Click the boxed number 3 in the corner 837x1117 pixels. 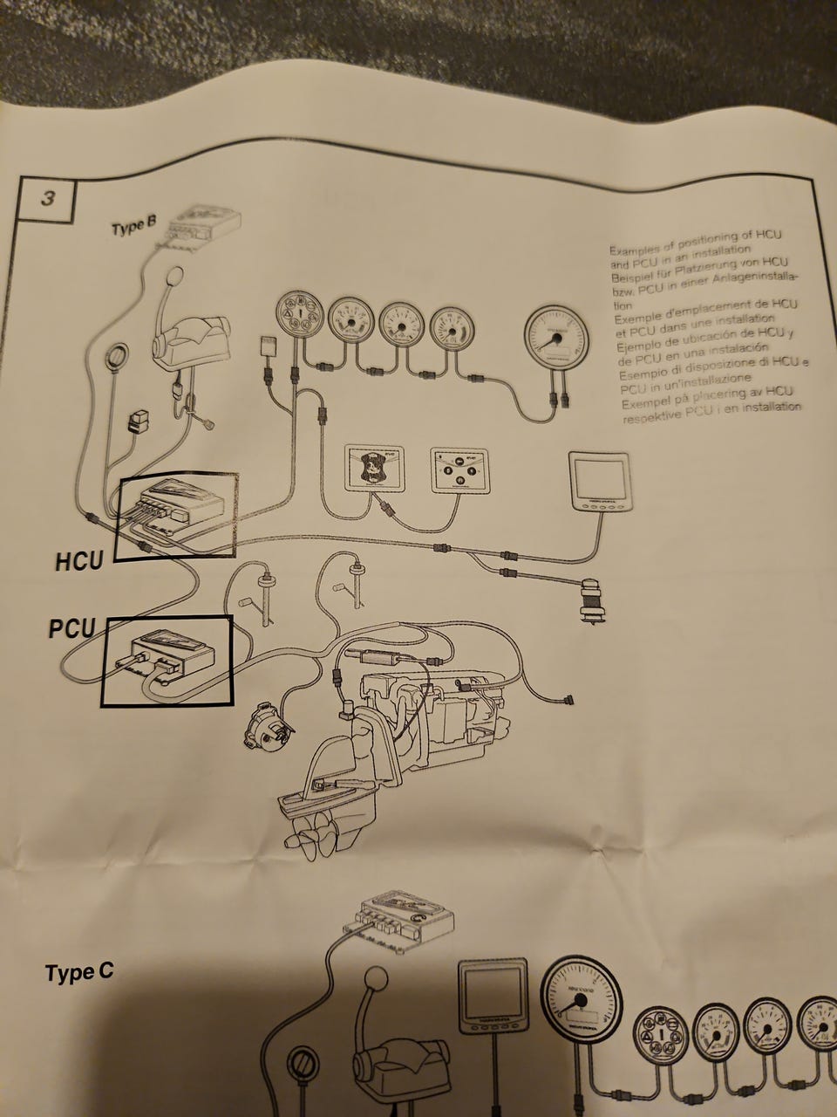coord(47,199)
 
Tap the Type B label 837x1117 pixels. coord(133,228)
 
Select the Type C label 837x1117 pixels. coord(78,972)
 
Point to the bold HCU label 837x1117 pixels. coord(79,560)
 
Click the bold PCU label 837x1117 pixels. coord(71,627)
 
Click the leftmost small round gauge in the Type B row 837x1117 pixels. coord(296,320)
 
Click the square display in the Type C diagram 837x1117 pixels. coord(493,994)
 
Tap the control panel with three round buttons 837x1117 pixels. coord(454,472)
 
